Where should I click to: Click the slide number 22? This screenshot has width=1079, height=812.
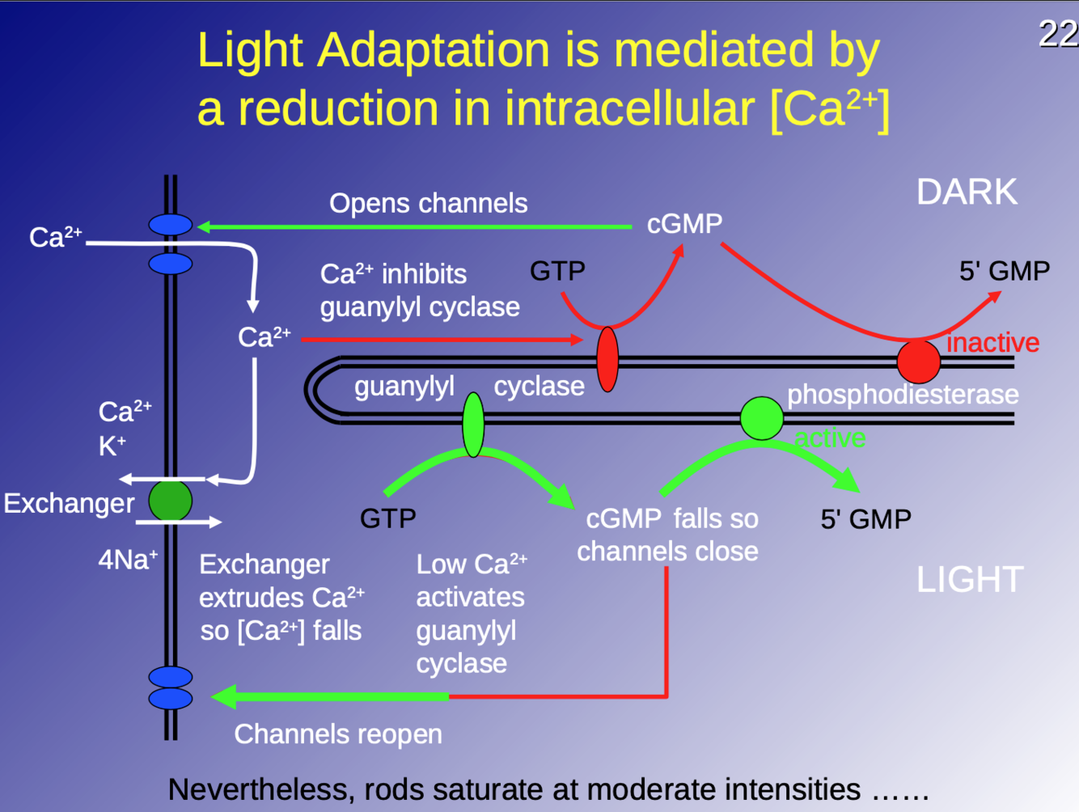(x=1058, y=34)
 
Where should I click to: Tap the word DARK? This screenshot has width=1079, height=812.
(x=967, y=192)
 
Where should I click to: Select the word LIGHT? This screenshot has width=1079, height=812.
(x=970, y=579)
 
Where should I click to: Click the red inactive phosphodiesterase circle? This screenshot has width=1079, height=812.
(x=918, y=361)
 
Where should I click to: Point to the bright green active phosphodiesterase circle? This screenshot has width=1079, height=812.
(x=762, y=418)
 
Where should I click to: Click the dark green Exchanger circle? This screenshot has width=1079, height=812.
(x=171, y=501)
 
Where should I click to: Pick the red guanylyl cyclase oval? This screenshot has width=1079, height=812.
(x=607, y=359)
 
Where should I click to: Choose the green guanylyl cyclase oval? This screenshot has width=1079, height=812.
(x=473, y=425)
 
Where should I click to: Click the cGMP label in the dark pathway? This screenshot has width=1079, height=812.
(x=684, y=223)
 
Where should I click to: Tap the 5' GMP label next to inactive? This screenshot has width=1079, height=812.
(x=1004, y=271)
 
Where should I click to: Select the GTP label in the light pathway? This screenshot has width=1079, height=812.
(x=387, y=518)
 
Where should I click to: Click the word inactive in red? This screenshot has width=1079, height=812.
(x=992, y=343)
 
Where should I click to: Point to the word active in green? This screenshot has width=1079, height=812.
(x=830, y=438)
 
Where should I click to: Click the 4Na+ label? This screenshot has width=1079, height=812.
(x=128, y=559)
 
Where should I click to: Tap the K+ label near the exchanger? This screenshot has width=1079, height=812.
(x=112, y=446)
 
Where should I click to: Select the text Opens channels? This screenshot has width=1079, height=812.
(x=428, y=203)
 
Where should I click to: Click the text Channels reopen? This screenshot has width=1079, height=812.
(x=338, y=734)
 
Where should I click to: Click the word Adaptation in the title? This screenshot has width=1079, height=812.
(x=434, y=50)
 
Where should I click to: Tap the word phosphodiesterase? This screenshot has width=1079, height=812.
(x=903, y=395)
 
